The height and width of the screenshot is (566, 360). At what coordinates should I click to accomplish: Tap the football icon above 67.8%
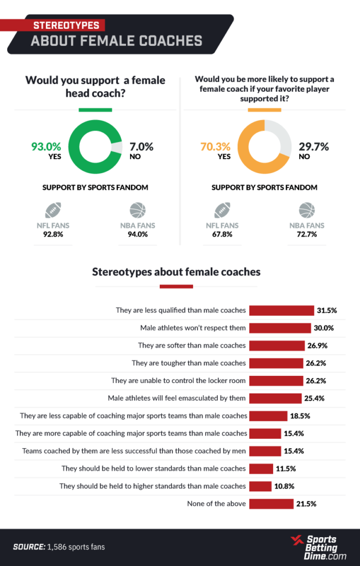click(222, 211)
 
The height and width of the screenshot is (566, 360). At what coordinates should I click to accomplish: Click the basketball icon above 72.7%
click(306, 211)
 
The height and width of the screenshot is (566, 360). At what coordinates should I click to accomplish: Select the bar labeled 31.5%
click(281, 310)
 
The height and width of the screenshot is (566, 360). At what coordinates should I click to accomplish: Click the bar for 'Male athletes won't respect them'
click(280, 328)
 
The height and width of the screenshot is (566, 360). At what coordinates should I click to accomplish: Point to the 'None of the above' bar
click(271, 504)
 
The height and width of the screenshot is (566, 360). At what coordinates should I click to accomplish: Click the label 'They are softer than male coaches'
click(191, 345)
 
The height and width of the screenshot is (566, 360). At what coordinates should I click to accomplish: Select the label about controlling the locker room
click(178, 380)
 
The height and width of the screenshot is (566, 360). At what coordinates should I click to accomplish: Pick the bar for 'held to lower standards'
click(261, 468)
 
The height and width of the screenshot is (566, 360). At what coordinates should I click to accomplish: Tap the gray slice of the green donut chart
click(116, 148)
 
